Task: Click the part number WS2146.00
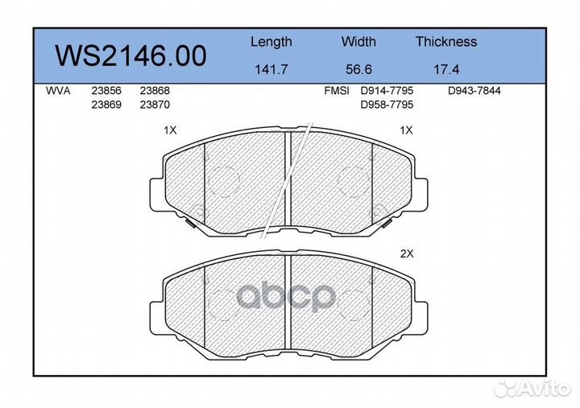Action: coord(130,56)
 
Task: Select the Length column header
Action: coord(271,42)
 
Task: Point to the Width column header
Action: coord(358,41)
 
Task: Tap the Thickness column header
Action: coord(446,41)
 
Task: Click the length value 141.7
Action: coord(271,69)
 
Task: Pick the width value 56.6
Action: coord(358,69)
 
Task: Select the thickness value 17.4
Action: coord(446,69)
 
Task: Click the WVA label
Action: coord(58,91)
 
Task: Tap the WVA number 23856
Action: coord(106,91)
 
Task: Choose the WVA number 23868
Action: coord(155,91)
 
